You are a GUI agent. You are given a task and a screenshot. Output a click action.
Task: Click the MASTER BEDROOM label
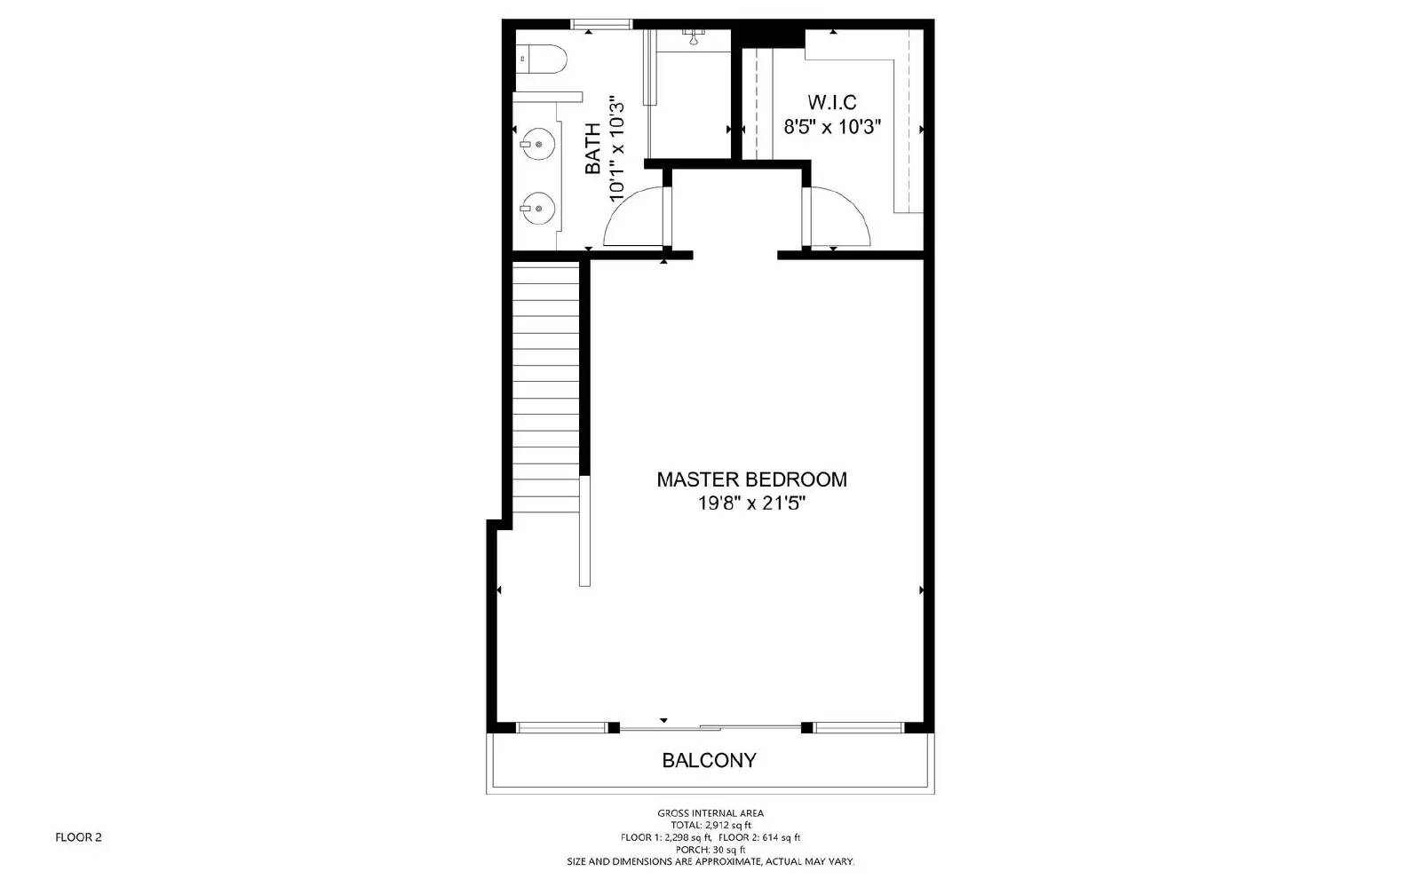751,479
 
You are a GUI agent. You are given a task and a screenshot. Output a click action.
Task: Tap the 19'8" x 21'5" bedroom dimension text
751,503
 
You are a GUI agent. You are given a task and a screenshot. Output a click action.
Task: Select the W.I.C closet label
831,102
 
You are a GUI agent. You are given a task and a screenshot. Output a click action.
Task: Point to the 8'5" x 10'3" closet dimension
831,127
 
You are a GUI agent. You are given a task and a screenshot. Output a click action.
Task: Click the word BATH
592,147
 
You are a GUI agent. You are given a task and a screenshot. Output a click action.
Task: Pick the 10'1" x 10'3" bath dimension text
617,147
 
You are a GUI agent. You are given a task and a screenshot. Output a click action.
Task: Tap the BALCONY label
709,761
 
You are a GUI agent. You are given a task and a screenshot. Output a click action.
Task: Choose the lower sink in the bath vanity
537,209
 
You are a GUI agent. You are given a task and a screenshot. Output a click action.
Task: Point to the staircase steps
545,391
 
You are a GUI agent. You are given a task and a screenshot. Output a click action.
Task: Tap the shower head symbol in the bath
693,36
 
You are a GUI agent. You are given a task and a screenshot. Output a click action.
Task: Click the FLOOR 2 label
78,837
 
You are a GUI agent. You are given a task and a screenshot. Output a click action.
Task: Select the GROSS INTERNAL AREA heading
710,813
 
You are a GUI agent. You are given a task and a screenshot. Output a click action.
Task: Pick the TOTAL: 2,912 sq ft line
710,826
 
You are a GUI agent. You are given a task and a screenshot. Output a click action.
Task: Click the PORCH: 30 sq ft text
710,850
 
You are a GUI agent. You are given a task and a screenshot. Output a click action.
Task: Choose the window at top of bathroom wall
600,24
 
